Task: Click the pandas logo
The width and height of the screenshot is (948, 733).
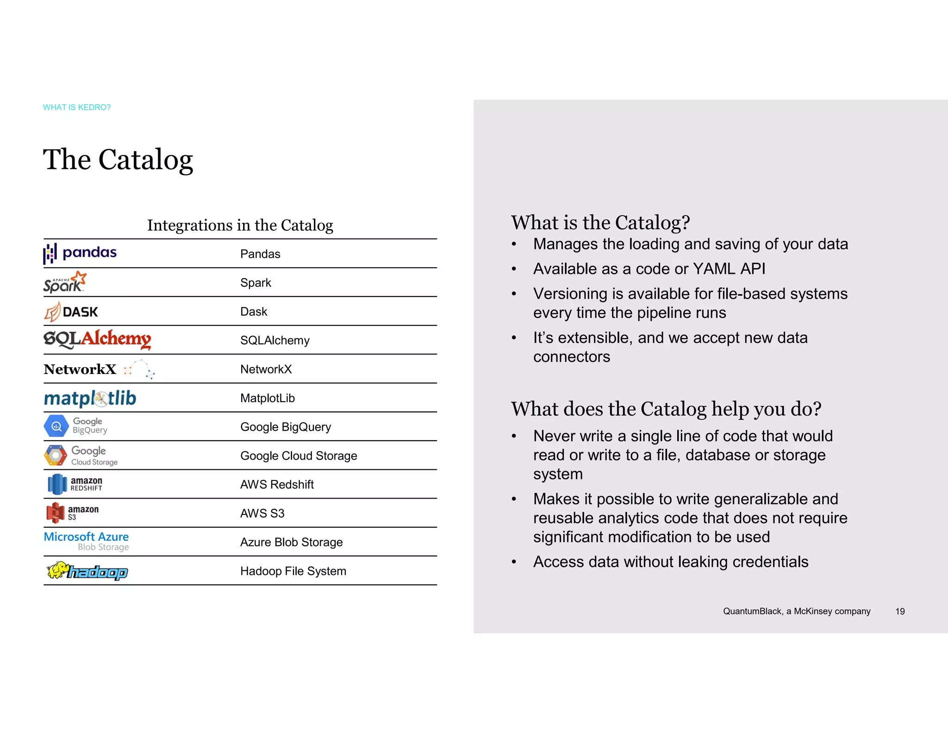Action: pos(80,253)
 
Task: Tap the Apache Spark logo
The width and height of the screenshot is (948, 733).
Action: pos(65,282)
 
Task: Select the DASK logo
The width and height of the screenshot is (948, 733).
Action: pos(71,311)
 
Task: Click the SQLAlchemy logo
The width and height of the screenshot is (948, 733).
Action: pos(97,339)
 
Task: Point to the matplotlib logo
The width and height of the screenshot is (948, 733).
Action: pos(90,398)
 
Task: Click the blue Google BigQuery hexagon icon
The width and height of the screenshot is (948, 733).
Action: pos(56,426)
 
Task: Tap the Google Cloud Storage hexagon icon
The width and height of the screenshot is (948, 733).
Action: pos(56,455)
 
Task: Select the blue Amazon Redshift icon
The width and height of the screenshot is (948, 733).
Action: pos(57,484)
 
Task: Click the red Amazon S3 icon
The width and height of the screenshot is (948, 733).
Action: pos(56,513)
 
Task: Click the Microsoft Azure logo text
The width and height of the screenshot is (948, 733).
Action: pos(86,537)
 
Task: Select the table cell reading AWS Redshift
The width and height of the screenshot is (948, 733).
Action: pos(277,485)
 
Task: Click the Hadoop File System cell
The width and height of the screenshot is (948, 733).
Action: pos(293,571)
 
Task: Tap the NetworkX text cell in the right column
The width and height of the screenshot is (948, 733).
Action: pos(266,369)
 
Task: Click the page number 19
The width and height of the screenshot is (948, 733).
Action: pos(900,612)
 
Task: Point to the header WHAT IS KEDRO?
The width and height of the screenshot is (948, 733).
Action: pos(77,107)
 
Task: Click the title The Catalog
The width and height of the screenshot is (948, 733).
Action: pos(118,160)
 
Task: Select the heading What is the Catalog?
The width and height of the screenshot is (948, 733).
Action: pos(600,223)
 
